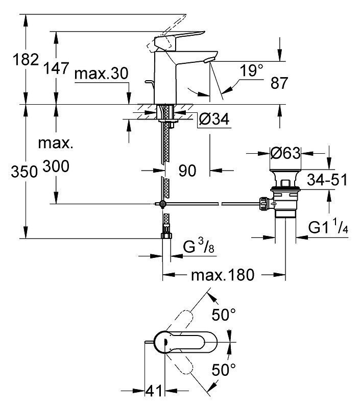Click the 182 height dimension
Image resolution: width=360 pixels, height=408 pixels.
click(26, 60)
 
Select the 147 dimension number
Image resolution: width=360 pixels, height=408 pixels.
click(56, 68)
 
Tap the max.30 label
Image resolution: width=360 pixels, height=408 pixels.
click(101, 74)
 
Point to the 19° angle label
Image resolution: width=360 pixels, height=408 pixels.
click(251, 70)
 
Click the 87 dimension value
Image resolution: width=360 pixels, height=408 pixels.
click(279, 83)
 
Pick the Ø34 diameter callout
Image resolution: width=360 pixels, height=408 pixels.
click(214, 119)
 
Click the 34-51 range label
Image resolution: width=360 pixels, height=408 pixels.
click(327, 180)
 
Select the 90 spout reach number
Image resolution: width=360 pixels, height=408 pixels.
click(187, 171)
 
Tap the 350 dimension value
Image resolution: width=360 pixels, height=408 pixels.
click(24, 172)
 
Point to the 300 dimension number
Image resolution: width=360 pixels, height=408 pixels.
click(56, 166)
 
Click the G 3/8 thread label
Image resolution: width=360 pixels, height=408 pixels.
click(199, 246)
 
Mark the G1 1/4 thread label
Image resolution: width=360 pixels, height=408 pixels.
click(328, 227)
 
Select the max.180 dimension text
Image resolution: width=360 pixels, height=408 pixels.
click(223, 275)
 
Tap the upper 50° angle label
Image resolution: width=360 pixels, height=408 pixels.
click(224, 315)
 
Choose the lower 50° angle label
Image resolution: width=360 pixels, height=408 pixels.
click(224, 370)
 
